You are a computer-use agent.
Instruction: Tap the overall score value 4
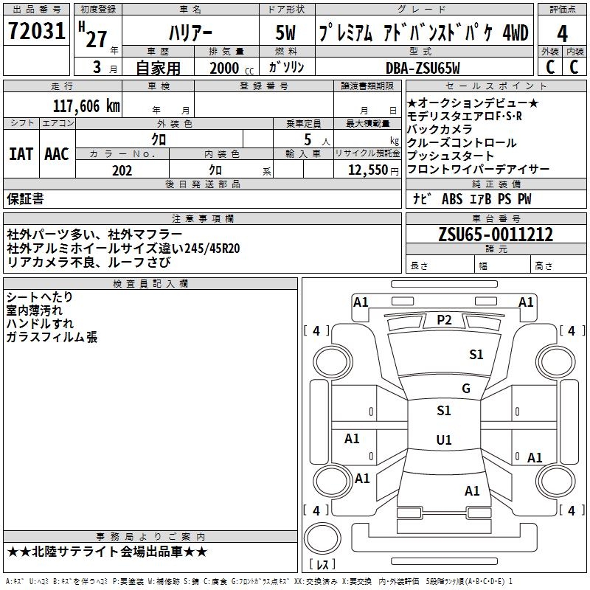563,34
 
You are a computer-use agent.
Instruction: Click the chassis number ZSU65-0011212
496,235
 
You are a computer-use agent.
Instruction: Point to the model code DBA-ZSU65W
423,68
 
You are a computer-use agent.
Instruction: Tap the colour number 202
122,170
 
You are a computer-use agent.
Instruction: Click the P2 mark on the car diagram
444,320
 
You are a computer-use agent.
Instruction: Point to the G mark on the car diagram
465,389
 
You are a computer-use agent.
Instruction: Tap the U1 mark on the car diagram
444,440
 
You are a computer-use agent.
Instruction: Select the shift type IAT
21,154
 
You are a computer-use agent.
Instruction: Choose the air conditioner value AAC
57,154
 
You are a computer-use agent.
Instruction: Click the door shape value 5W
287,34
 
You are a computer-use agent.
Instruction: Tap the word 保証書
25,199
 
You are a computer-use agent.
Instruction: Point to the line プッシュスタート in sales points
451,156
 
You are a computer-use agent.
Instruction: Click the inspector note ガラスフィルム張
52,337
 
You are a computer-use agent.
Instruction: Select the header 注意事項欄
202,219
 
